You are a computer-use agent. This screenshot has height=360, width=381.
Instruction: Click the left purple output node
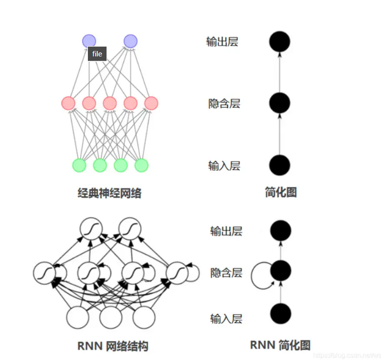pyautogui.click(x=89, y=41)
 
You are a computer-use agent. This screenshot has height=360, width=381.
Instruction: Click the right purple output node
pyautogui.click(x=130, y=41)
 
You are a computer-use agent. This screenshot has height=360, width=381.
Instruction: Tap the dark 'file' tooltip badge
pyautogui.click(x=97, y=54)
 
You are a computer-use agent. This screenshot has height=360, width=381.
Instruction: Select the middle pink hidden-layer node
pyautogui.click(x=109, y=103)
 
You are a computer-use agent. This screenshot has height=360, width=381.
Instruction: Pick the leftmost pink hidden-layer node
pyautogui.click(x=68, y=103)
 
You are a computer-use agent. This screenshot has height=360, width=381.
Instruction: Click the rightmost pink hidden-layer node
pyautogui.click(x=151, y=103)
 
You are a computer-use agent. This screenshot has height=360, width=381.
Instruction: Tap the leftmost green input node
pyautogui.click(x=79, y=165)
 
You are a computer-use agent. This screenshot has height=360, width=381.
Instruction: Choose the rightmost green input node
pyautogui.click(x=141, y=165)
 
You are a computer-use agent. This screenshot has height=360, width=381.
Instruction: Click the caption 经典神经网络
pyautogui.click(x=109, y=193)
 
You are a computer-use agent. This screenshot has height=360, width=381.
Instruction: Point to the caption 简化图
pyautogui.click(x=280, y=192)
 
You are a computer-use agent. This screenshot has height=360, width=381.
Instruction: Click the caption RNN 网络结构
pyautogui.click(x=112, y=346)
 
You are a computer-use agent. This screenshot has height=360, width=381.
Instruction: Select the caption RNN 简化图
pyautogui.click(x=280, y=345)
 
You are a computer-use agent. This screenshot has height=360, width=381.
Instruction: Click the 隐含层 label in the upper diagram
pyautogui.click(x=224, y=104)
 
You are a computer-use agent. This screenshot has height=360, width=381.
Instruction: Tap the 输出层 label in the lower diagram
pyautogui.click(x=226, y=231)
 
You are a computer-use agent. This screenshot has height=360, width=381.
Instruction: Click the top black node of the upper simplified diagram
pyautogui.click(x=280, y=41)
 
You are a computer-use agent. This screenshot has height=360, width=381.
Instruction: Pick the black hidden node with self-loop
pyautogui.click(x=280, y=270)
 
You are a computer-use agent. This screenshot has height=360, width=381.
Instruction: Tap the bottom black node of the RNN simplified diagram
pyautogui.click(x=280, y=313)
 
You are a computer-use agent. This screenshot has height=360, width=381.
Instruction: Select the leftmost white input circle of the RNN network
pyautogui.click(x=78, y=317)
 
